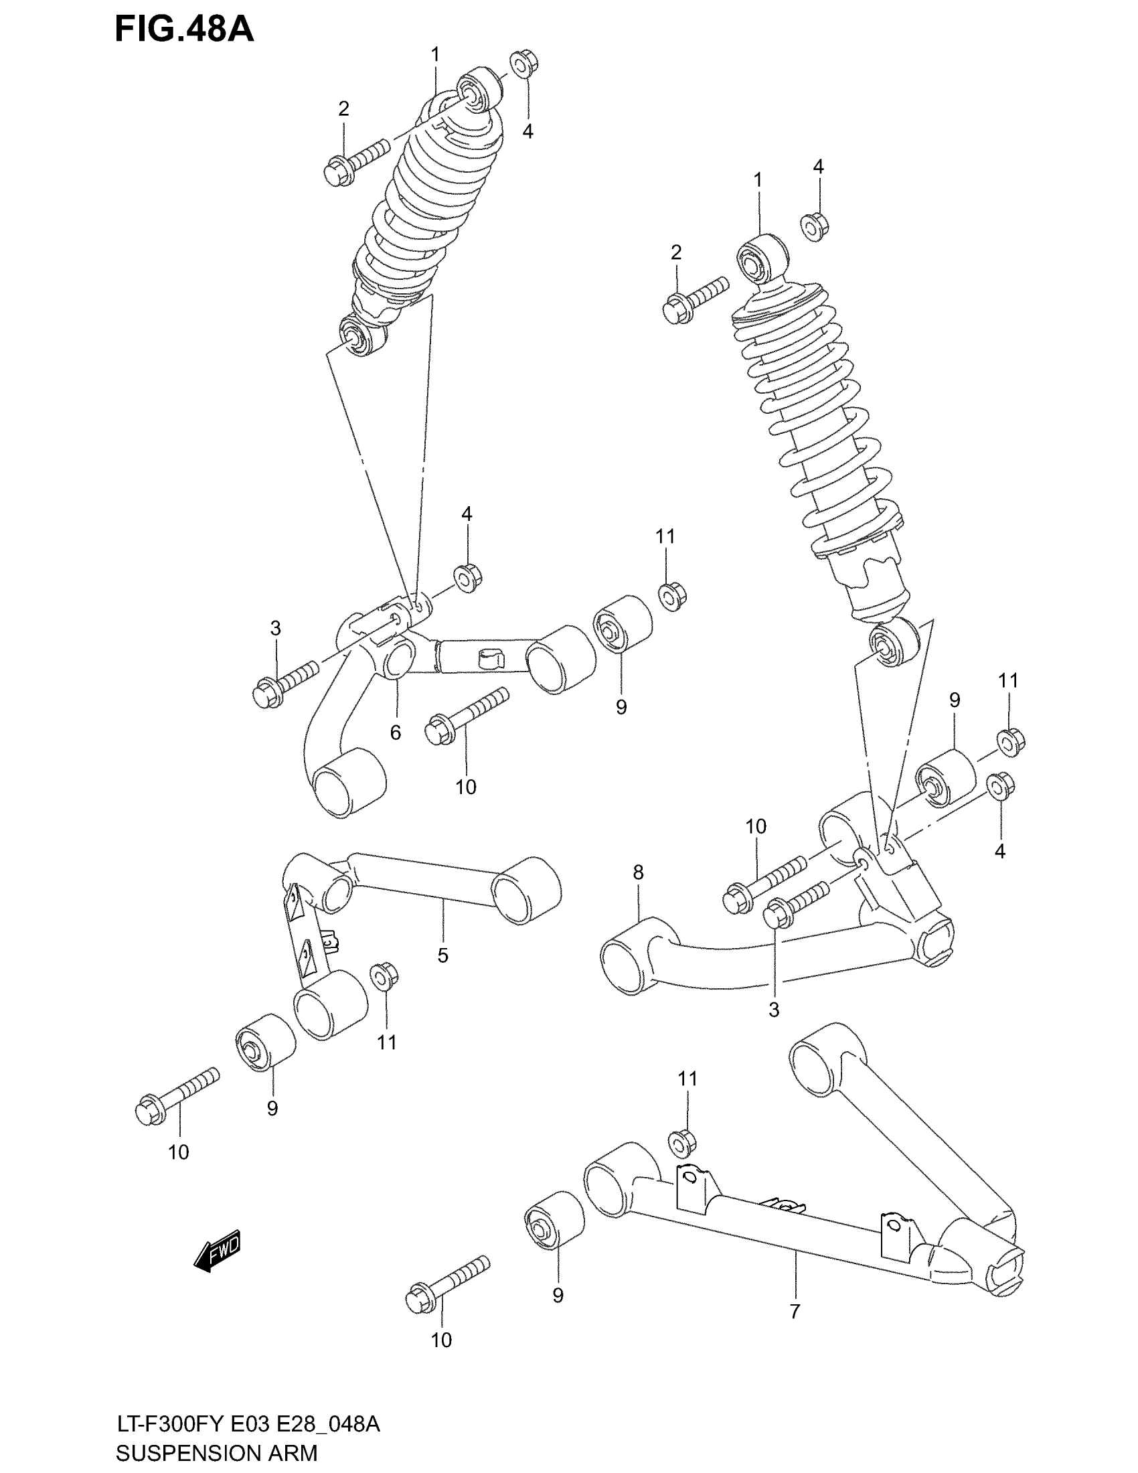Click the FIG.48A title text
coord(183,29)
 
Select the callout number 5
coord(442,955)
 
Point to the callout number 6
coord(396,732)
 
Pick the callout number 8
coord(639,872)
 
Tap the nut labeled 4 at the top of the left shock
coord(523,65)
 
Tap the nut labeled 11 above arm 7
coord(682,1142)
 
